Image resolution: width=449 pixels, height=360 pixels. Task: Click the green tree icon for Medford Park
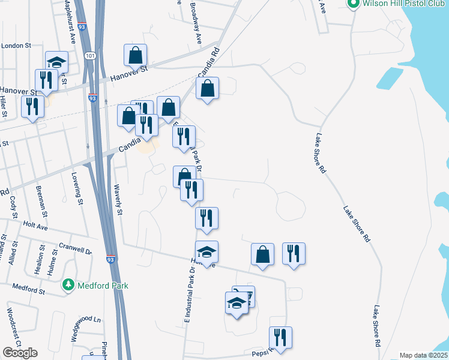pos(70,285)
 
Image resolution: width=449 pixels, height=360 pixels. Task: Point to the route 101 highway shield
pos(89,56)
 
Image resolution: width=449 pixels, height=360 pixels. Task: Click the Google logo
pos(20,353)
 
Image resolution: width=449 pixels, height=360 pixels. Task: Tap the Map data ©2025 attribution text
pos(423,355)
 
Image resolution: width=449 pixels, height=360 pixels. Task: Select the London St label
pos(16,46)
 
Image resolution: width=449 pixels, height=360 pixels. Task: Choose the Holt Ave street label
pos(35,226)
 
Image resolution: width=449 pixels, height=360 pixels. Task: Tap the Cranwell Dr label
pos(75,247)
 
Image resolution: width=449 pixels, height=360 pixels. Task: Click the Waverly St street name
pos(118,200)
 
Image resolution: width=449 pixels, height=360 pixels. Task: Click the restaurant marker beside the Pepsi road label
pos(280,338)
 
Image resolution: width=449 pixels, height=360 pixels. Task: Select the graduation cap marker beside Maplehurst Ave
pos(56,62)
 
